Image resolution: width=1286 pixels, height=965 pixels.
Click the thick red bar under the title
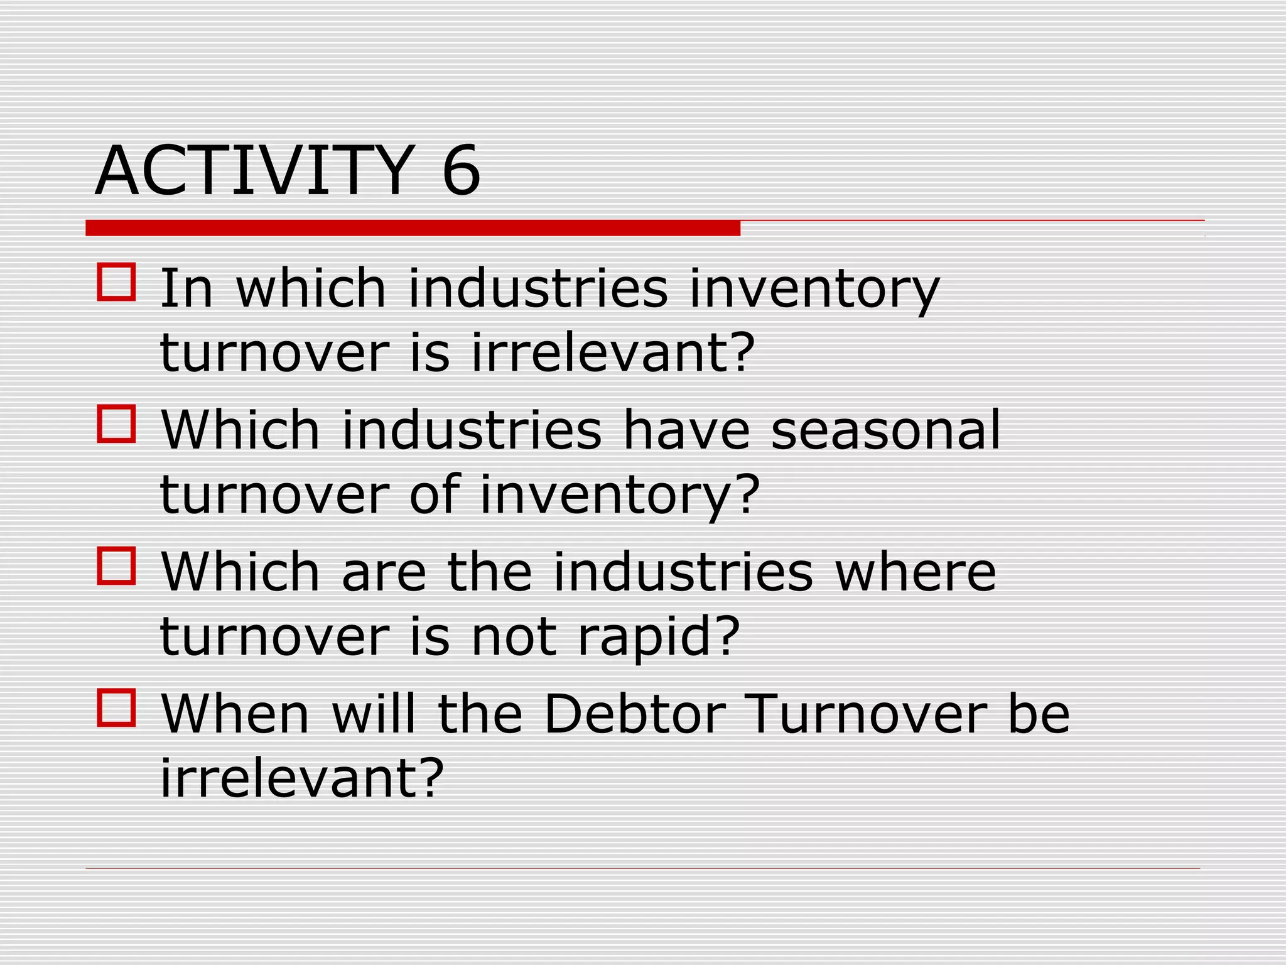coord(413,228)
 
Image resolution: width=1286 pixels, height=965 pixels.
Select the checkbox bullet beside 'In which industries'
coord(116,282)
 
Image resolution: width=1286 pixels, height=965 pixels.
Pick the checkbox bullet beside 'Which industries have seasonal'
coord(116,424)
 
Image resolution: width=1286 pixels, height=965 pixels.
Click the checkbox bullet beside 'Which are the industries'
coord(116,566)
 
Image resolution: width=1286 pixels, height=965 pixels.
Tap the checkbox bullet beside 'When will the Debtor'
coord(116,708)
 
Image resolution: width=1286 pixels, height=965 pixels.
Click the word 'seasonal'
coord(885,430)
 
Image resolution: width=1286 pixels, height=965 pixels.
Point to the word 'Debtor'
coord(635,714)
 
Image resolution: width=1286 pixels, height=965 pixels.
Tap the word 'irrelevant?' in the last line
coord(302,778)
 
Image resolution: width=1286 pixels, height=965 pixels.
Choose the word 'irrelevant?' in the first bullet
coord(612,352)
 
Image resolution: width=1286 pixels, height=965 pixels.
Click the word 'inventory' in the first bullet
coord(814,290)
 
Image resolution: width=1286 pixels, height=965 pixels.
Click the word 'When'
coord(235,714)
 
